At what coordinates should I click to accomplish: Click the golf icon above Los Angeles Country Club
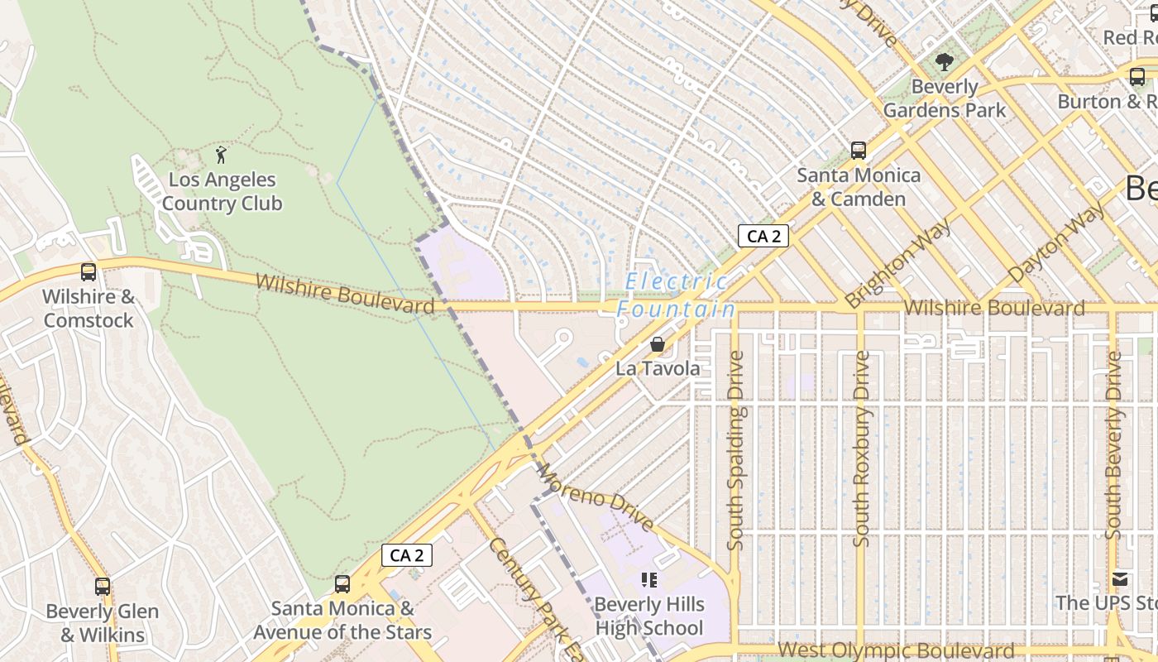pos(221,155)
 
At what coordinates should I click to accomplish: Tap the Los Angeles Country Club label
pos(222,192)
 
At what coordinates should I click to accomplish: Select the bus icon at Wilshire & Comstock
pos(88,271)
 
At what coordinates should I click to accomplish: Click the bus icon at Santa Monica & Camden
pos(859,151)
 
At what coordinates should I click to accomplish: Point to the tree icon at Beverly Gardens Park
pos(944,61)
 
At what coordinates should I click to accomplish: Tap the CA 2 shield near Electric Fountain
pos(763,237)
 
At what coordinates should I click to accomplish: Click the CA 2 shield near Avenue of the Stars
pos(406,555)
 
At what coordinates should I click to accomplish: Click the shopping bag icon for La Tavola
pos(658,344)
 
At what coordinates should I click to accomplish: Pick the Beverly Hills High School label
pos(649,616)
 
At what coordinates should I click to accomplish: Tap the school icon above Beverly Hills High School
pos(649,579)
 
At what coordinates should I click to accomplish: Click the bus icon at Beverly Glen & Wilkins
pos(102,587)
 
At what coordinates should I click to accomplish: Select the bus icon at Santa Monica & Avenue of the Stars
pos(342,584)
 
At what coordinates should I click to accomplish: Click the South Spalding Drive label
pos(735,451)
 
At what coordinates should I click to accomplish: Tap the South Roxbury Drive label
pos(861,449)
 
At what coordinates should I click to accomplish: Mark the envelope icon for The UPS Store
pos(1120,578)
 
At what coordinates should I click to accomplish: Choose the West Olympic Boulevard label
pos(896,651)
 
